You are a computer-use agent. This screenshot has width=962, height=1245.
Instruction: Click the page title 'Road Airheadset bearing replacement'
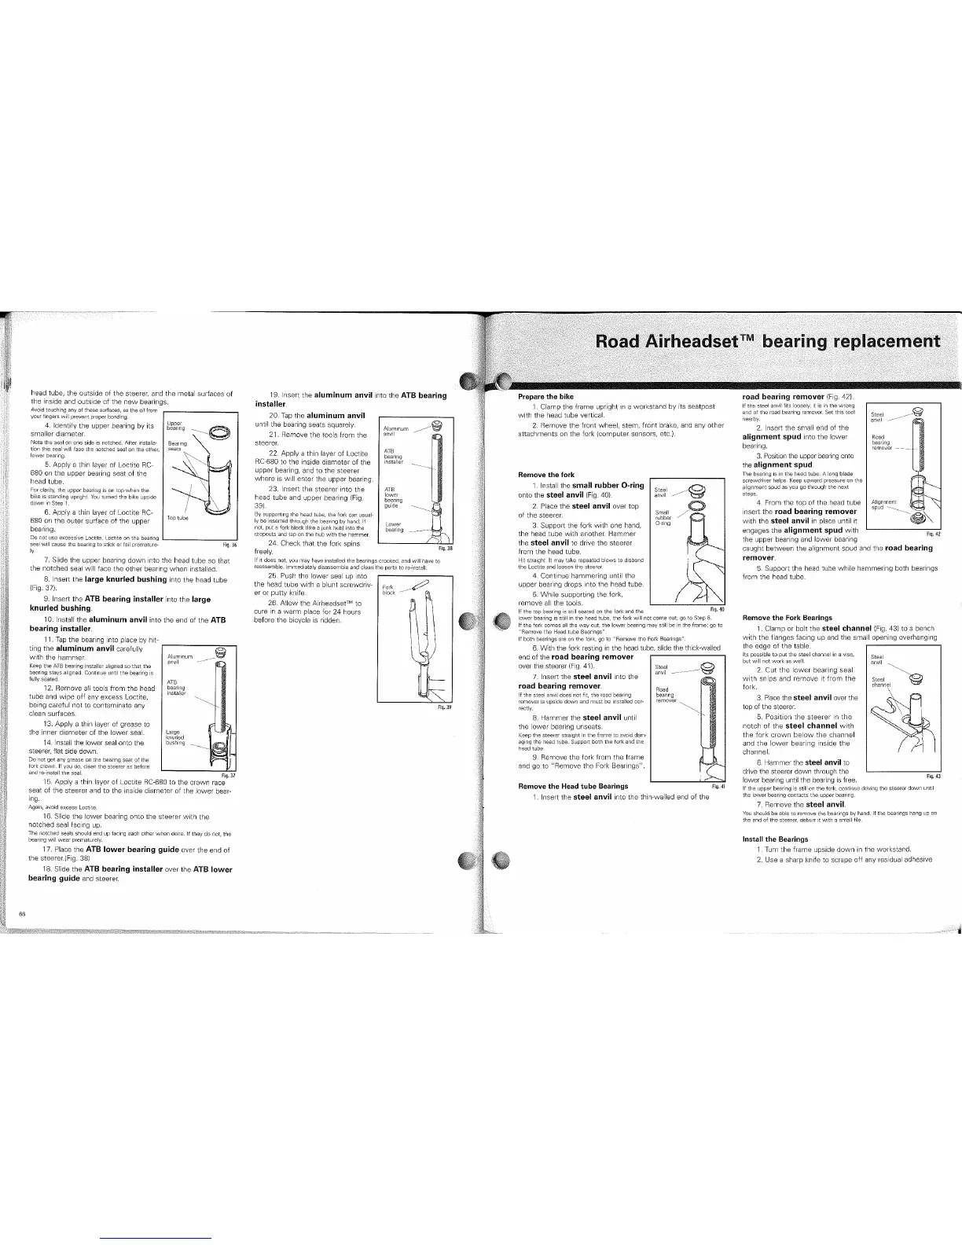tap(768, 342)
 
